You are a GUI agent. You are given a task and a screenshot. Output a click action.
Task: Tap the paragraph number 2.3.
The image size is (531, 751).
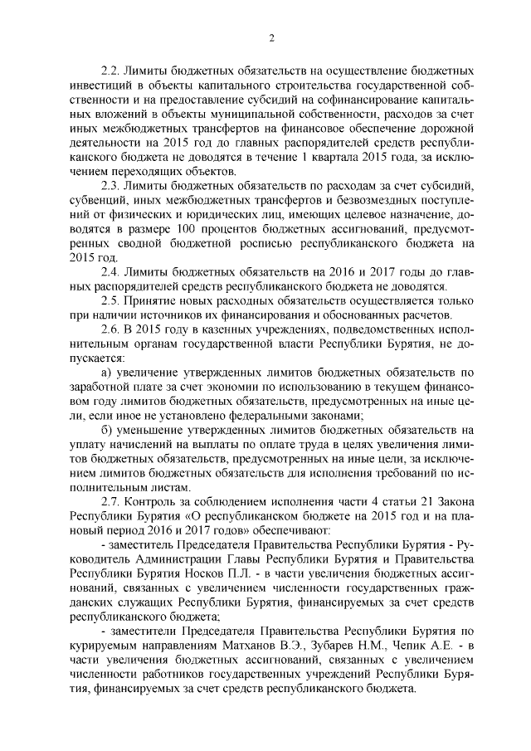point(110,184)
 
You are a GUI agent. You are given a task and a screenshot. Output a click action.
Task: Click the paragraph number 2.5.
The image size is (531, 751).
point(110,300)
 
